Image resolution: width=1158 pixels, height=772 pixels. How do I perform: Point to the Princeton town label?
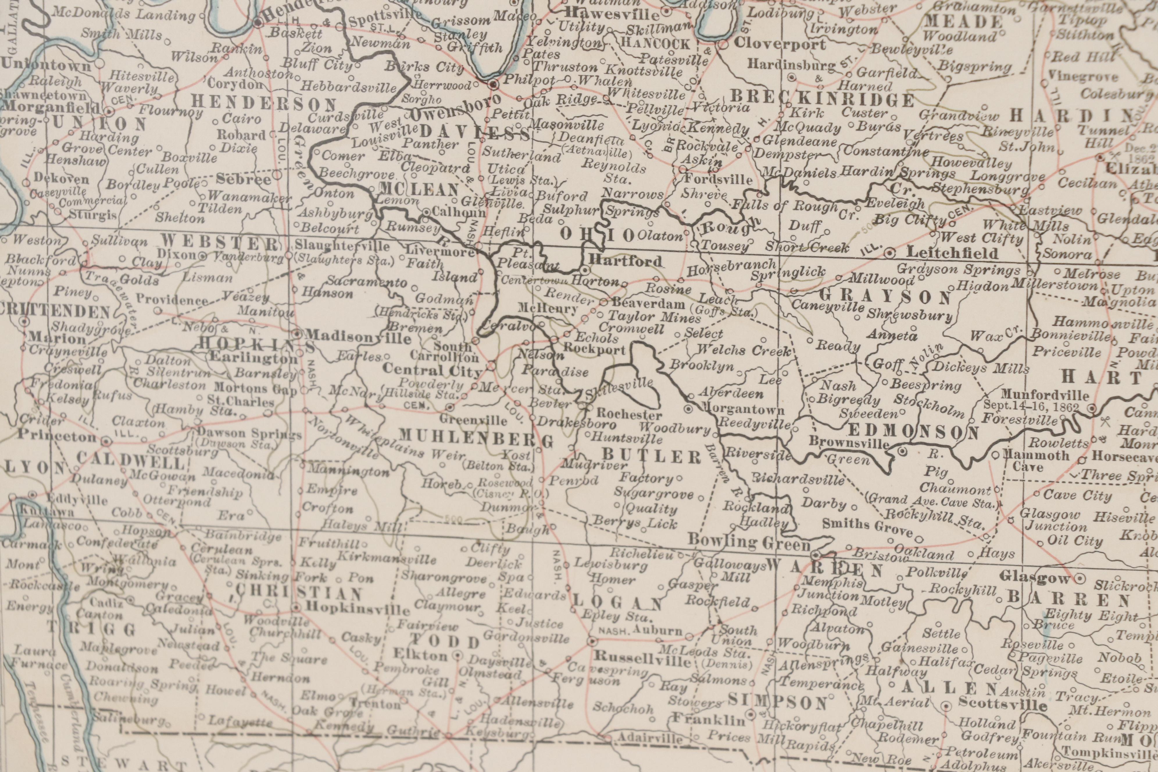(57, 436)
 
